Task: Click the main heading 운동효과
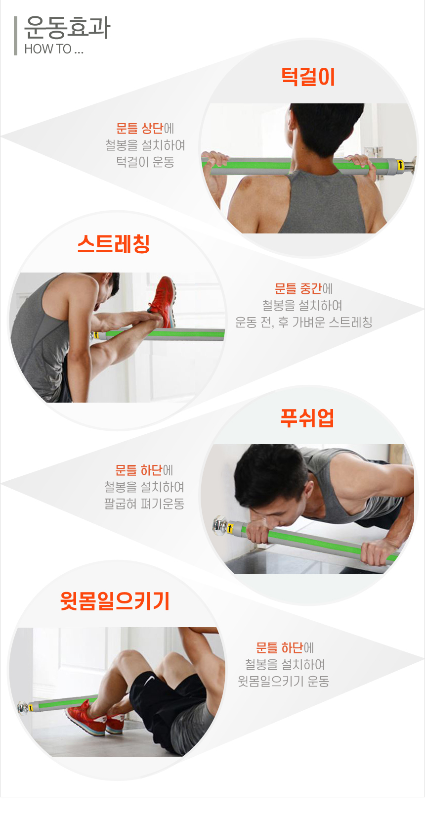pyautogui.click(x=67, y=28)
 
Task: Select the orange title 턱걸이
pyautogui.click(x=308, y=77)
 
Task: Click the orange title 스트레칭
pyautogui.click(x=114, y=244)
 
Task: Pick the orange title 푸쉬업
pyautogui.click(x=307, y=418)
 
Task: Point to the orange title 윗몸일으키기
pyautogui.click(x=115, y=600)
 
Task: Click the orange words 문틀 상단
pyautogui.click(x=139, y=128)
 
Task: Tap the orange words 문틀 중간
pyautogui.click(x=298, y=288)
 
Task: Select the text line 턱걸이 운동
pyautogui.click(x=145, y=162)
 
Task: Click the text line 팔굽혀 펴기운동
pyautogui.click(x=144, y=504)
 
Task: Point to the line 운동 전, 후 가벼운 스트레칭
pyautogui.click(x=304, y=322)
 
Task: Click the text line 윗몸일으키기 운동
pyautogui.click(x=283, y=681)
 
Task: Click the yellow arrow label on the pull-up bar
pyautogui.click(x=400, y=165)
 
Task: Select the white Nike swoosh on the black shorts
pyautogui.click(x=150, y=680)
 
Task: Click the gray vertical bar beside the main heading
pyautogui.click(x=15, y=36)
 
